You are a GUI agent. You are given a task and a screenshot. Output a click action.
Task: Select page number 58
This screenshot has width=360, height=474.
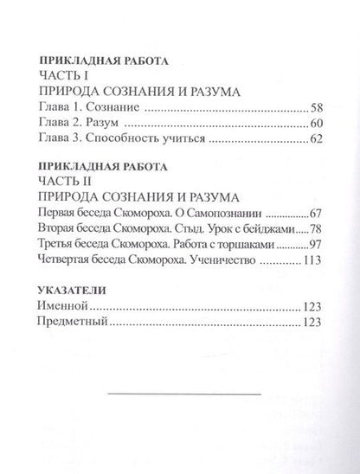coord(317,108)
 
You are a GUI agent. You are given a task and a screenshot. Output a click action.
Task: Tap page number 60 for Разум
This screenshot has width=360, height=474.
coord(317,125)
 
